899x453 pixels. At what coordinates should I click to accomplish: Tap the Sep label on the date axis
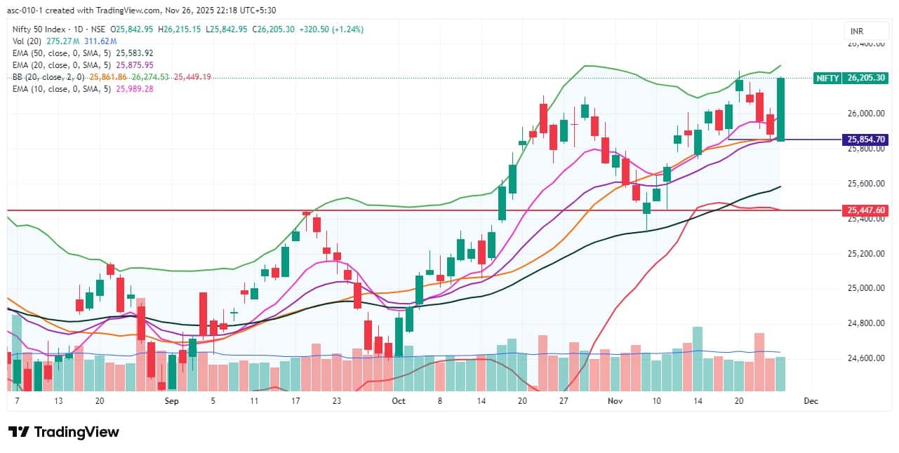point(172,401)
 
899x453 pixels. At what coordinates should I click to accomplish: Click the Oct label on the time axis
point(399,401)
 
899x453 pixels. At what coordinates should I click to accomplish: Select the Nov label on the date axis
point(615,401)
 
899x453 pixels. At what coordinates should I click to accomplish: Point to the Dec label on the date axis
point(811,401)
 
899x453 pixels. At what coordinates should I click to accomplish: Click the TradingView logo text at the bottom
point(64,432)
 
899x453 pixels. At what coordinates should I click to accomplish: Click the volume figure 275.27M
point(60,41)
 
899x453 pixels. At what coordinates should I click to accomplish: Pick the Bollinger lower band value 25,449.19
point(192,77)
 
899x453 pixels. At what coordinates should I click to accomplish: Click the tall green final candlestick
point(780,109)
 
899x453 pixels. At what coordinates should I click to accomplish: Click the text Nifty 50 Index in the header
point(40,29)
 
